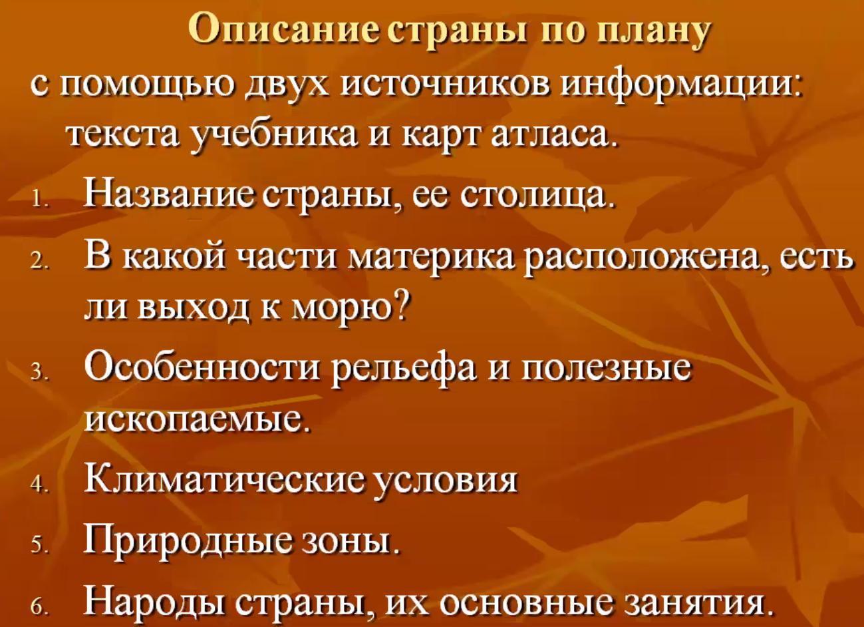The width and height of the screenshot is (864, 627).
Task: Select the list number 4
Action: click(39, 485)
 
